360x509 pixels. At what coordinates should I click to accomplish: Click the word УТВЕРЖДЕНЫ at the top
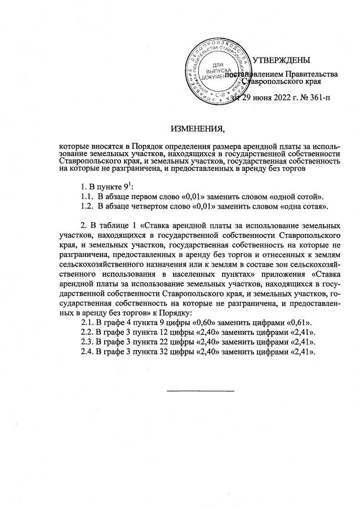click(x=281, y=60)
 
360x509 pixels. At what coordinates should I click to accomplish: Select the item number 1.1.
click(x=88, y=196)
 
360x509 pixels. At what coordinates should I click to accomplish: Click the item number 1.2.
click(x=88, y=206)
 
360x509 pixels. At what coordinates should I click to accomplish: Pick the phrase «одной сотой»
click(x=298, y=196)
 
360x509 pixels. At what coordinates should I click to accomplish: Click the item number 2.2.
click(x=87, y=331)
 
